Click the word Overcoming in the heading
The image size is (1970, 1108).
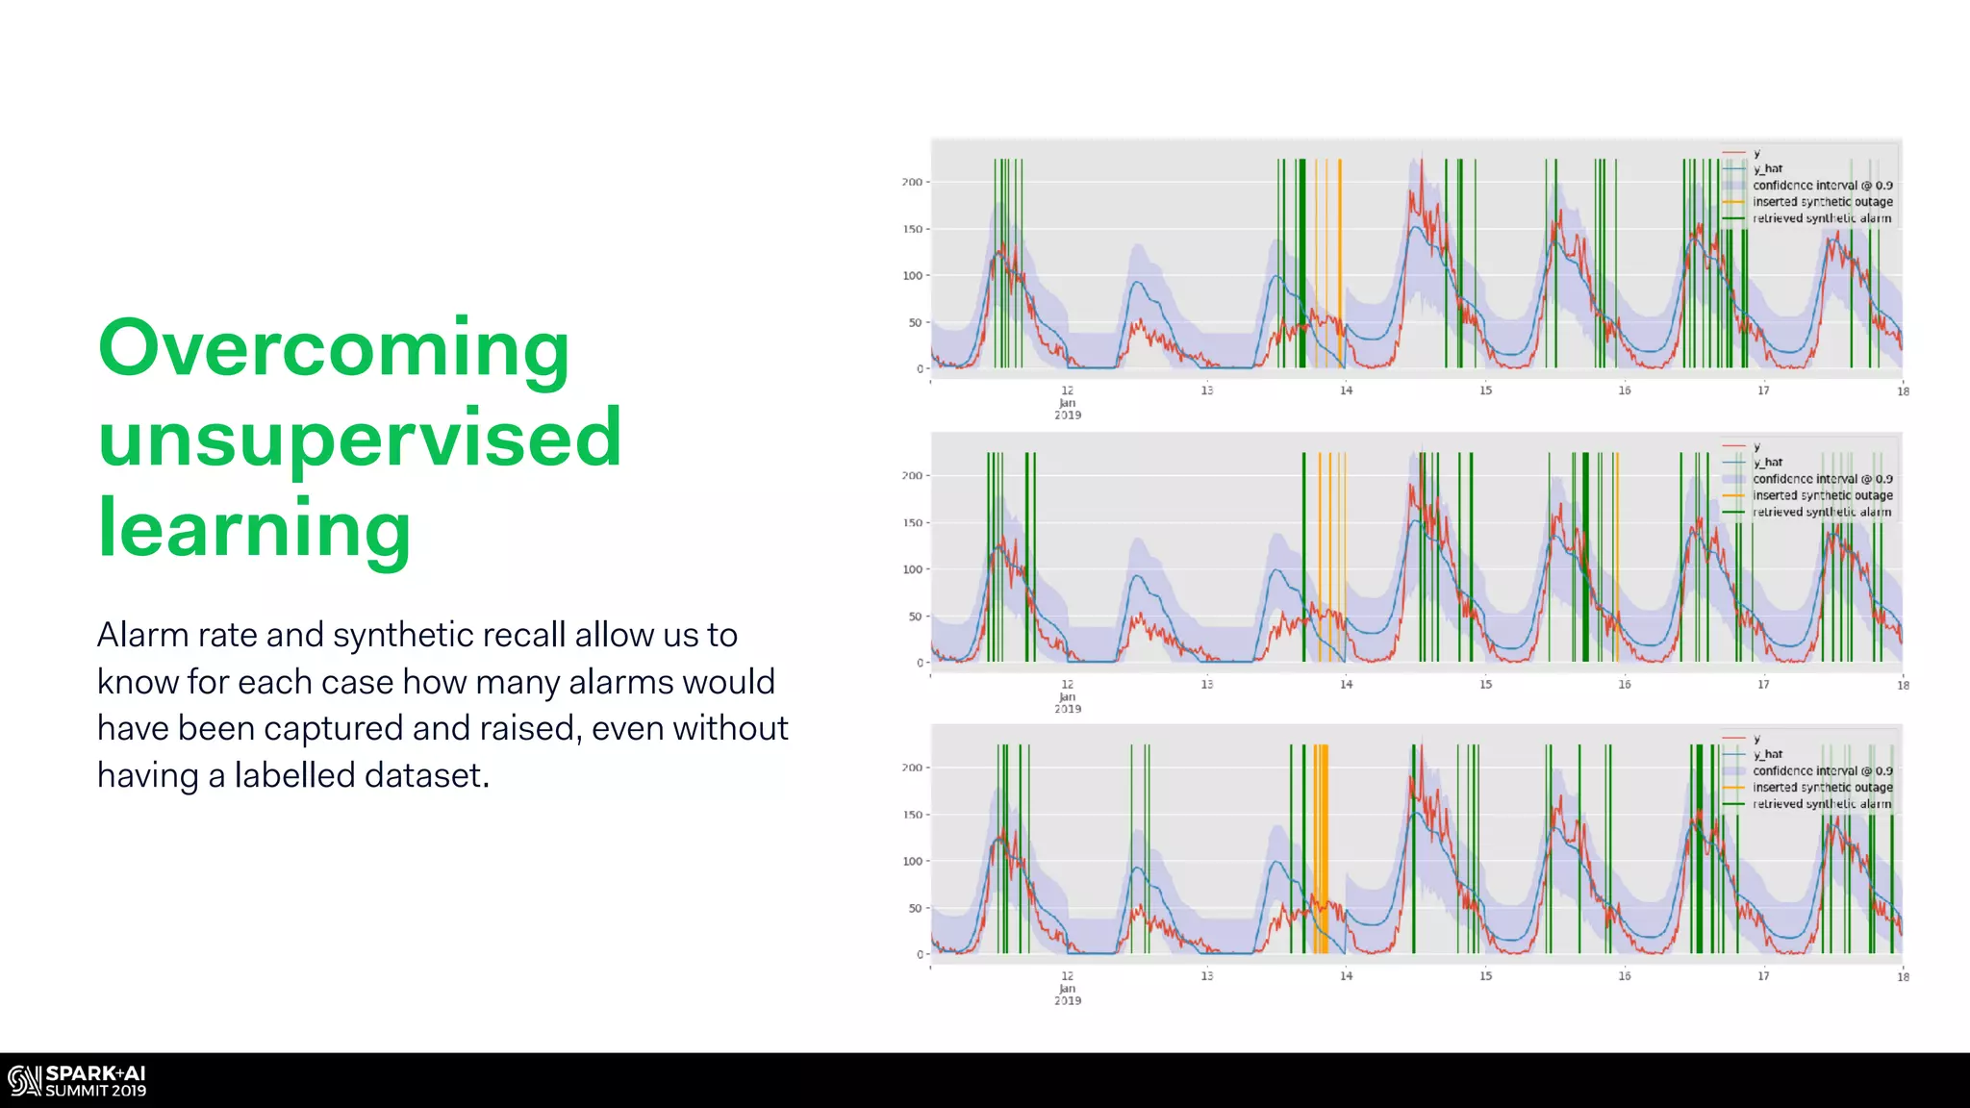point(334,349)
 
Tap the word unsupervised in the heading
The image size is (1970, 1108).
point(360,439)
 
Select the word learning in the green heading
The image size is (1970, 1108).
point(255,529)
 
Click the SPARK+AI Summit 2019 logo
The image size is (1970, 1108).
point(77,1081)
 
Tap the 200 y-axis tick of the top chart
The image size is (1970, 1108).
point(911,182)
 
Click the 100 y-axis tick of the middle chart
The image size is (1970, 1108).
point(911,569)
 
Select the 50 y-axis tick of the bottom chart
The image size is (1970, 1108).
point(914,908)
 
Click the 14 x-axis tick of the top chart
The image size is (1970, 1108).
point(1346,390)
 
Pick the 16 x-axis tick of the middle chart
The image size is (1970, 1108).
point(1624,685)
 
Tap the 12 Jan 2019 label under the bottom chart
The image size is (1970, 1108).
point(1068,988)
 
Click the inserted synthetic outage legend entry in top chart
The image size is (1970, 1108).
point(1822,202)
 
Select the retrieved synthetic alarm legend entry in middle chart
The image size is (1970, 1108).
point(1821,512)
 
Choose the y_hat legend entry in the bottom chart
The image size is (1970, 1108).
point(1767,754)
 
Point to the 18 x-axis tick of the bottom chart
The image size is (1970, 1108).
point(1903,977)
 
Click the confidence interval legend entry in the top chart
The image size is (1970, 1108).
point(1822,186)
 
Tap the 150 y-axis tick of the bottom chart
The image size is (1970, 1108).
point(911,815)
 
